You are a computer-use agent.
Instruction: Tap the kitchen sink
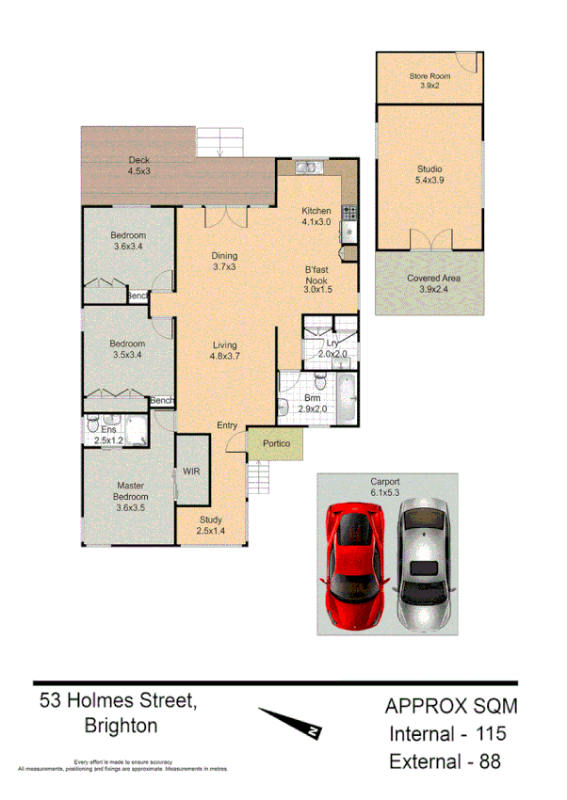307,168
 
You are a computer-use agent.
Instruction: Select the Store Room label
429,80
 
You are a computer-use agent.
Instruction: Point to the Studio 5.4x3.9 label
429,175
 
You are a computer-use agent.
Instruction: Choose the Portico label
275,443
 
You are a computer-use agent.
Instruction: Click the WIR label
190,471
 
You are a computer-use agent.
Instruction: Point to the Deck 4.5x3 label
139,166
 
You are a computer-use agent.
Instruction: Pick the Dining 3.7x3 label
224,261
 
